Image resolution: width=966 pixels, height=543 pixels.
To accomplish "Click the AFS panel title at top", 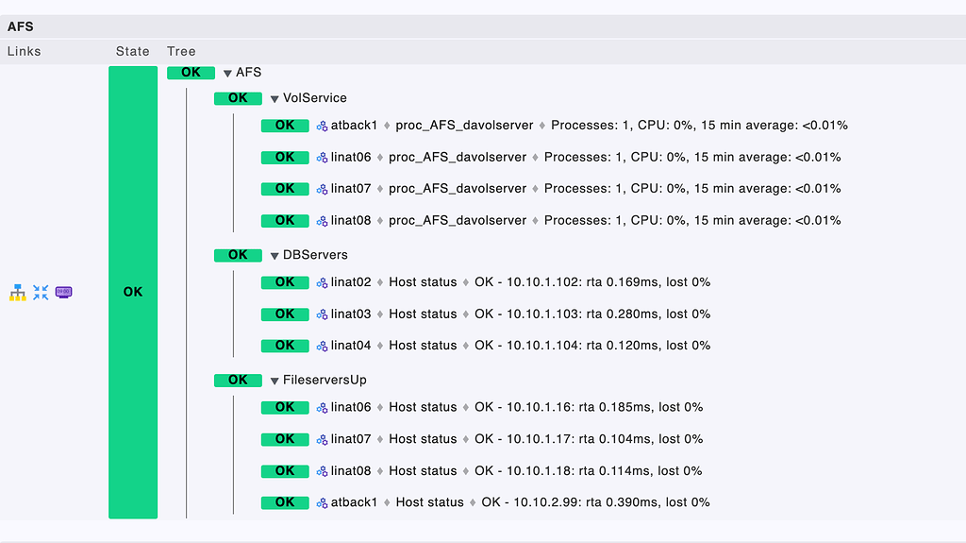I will tap(20, 26).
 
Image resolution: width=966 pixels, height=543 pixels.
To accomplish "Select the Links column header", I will tap(25, 51).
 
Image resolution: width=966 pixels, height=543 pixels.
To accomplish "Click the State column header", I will tap(133, 51).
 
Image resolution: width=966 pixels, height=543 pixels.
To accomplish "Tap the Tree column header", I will tap(181, 51).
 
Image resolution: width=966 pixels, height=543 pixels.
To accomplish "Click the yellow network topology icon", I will tap(17, 293).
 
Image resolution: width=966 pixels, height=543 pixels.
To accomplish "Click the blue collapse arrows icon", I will tap(41, 293).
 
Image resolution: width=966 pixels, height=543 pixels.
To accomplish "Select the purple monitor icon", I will tap(64, 293).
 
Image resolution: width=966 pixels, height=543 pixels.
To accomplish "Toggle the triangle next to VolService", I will tap(275, 98).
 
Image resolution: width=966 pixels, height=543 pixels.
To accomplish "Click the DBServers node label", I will tap(315, 255).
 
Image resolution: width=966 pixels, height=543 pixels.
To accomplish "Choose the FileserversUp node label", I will tap(325, 380).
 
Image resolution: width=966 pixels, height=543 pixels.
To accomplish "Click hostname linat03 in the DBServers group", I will tap(351, 314).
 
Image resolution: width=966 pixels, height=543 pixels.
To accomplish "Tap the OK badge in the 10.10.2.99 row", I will tap(285, 502).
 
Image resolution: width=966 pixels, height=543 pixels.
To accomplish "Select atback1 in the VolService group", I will tap(354, 126).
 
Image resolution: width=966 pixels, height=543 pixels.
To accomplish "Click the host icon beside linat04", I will tap(322, 346).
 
